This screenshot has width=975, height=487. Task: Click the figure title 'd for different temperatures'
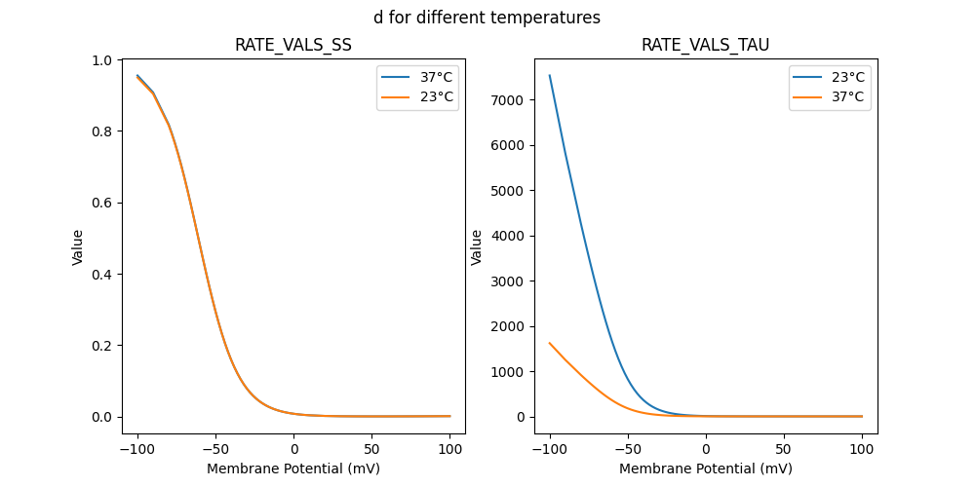pyautogui.click(x=487, y=18)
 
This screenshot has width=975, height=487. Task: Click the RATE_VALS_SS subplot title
pyautogui.click(x=293, y=46)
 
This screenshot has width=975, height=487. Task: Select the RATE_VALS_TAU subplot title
pyautogui.click(x=705, y=46)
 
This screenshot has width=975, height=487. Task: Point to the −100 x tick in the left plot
pyautogui.click(x=137, y=447)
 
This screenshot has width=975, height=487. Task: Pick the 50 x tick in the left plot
pyautogui.click(x=371, y=447)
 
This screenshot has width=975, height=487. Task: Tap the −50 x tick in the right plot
pyautogui.click(x=628, y=447)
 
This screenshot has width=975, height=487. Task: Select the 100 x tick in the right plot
pyautogui.click(x=862, y=447)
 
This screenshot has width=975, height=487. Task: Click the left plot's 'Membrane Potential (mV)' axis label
pyautogui.click(x=293, y=468)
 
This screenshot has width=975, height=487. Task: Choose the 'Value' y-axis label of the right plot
pyautogui.click(x=478, y=247)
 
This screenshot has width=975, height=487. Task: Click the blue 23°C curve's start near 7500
pyautogui.click(x=550, y=76)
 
